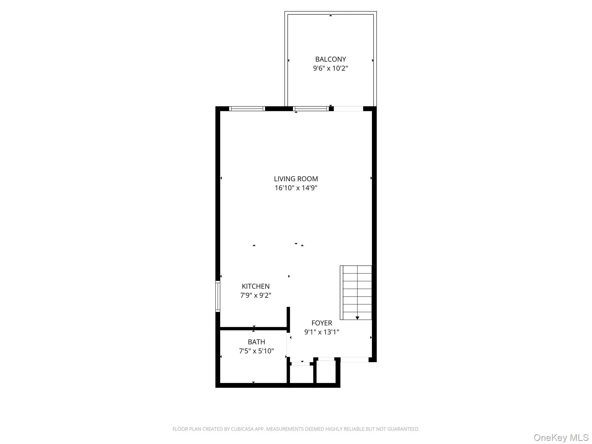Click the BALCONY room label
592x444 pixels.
pos(330,59)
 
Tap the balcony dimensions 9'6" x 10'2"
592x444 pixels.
pos(330,69)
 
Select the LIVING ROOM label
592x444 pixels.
pos(296,179)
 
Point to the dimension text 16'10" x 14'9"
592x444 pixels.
pos(296,188)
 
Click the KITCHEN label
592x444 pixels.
pos(256,286)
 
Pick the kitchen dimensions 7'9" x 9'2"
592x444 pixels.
pos(256,295)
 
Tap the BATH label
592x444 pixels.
pos(256,342)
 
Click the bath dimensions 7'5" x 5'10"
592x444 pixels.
pos(256,351)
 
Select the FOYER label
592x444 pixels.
pos(321,323)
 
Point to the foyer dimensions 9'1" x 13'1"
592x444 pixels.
pos(321,332)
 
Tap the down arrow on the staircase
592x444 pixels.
pos(357,318)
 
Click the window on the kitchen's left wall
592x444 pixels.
pos(218,296)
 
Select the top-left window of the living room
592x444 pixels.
pos(247,109)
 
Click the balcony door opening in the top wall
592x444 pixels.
pos(348,109)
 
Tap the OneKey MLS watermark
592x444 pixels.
pos(561,437)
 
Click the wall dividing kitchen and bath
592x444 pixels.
pos(254,329)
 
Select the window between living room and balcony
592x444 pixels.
pos(311,109)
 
